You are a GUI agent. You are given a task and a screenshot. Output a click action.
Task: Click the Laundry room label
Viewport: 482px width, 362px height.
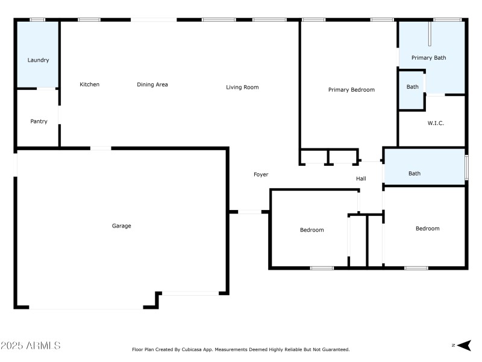pos(38,60)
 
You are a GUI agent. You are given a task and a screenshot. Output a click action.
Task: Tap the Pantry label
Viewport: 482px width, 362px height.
pos(39,122)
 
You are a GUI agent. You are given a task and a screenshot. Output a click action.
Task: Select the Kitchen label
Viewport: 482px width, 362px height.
pos(90,84)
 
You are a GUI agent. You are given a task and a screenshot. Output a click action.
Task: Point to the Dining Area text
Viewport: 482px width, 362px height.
pos(152,84)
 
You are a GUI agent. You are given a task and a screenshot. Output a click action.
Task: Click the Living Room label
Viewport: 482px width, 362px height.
pos(242,87)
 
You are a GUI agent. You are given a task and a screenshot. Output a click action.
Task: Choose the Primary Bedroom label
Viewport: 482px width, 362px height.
pos(351,90)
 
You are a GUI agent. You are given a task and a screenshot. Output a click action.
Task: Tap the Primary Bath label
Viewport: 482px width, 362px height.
pos(428,58)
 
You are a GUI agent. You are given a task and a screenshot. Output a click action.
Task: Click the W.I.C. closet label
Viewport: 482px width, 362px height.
pos(436,123)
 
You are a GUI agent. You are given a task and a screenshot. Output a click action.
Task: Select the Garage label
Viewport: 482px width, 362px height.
pos(121,226)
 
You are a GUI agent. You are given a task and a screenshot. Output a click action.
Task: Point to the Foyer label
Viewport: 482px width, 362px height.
pos(261,174)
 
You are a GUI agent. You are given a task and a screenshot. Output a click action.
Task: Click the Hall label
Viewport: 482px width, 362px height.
pos(361,179)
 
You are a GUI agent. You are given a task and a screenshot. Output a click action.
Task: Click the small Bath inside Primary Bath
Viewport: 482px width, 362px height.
pos(412,87)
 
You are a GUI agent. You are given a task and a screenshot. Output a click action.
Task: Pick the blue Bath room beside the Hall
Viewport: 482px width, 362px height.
pos(415,174)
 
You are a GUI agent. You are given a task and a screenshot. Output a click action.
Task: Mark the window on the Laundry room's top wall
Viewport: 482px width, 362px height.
pos(37,20)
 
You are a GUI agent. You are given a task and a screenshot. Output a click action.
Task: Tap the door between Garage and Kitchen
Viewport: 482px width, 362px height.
pos(101,148)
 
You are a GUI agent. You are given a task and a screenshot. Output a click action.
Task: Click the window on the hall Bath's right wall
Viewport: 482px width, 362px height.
pos(466,167)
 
